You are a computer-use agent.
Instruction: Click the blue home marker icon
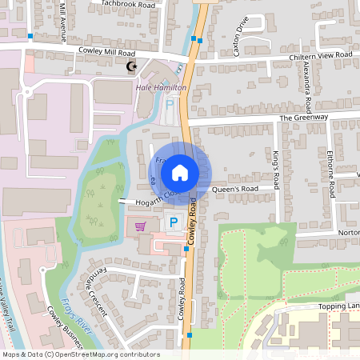point(180,172)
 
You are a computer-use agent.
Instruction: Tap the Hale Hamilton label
point(161,87)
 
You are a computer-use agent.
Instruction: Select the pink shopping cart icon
point(141,226)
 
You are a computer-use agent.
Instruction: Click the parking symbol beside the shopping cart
point(172,222)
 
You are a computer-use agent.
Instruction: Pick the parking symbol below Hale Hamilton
point(169,104)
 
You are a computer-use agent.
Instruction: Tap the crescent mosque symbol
point(133,67)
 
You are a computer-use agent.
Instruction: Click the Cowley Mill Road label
point(109,50)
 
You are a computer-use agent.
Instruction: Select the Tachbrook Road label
point(128,4)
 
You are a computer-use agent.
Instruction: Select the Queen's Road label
point(237,190)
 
